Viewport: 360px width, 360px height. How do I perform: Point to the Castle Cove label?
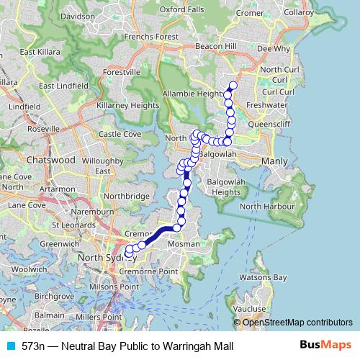click(x=120, y=134)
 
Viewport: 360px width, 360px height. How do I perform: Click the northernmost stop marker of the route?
click(x=233, y=86)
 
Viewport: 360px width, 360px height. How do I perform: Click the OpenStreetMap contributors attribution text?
click(x=297, y=323)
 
